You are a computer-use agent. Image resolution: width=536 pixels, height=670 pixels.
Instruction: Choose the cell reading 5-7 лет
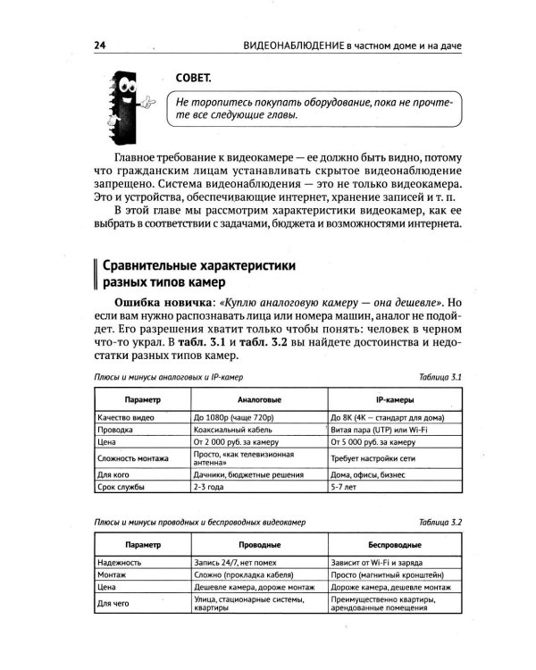tap(344, 488)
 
